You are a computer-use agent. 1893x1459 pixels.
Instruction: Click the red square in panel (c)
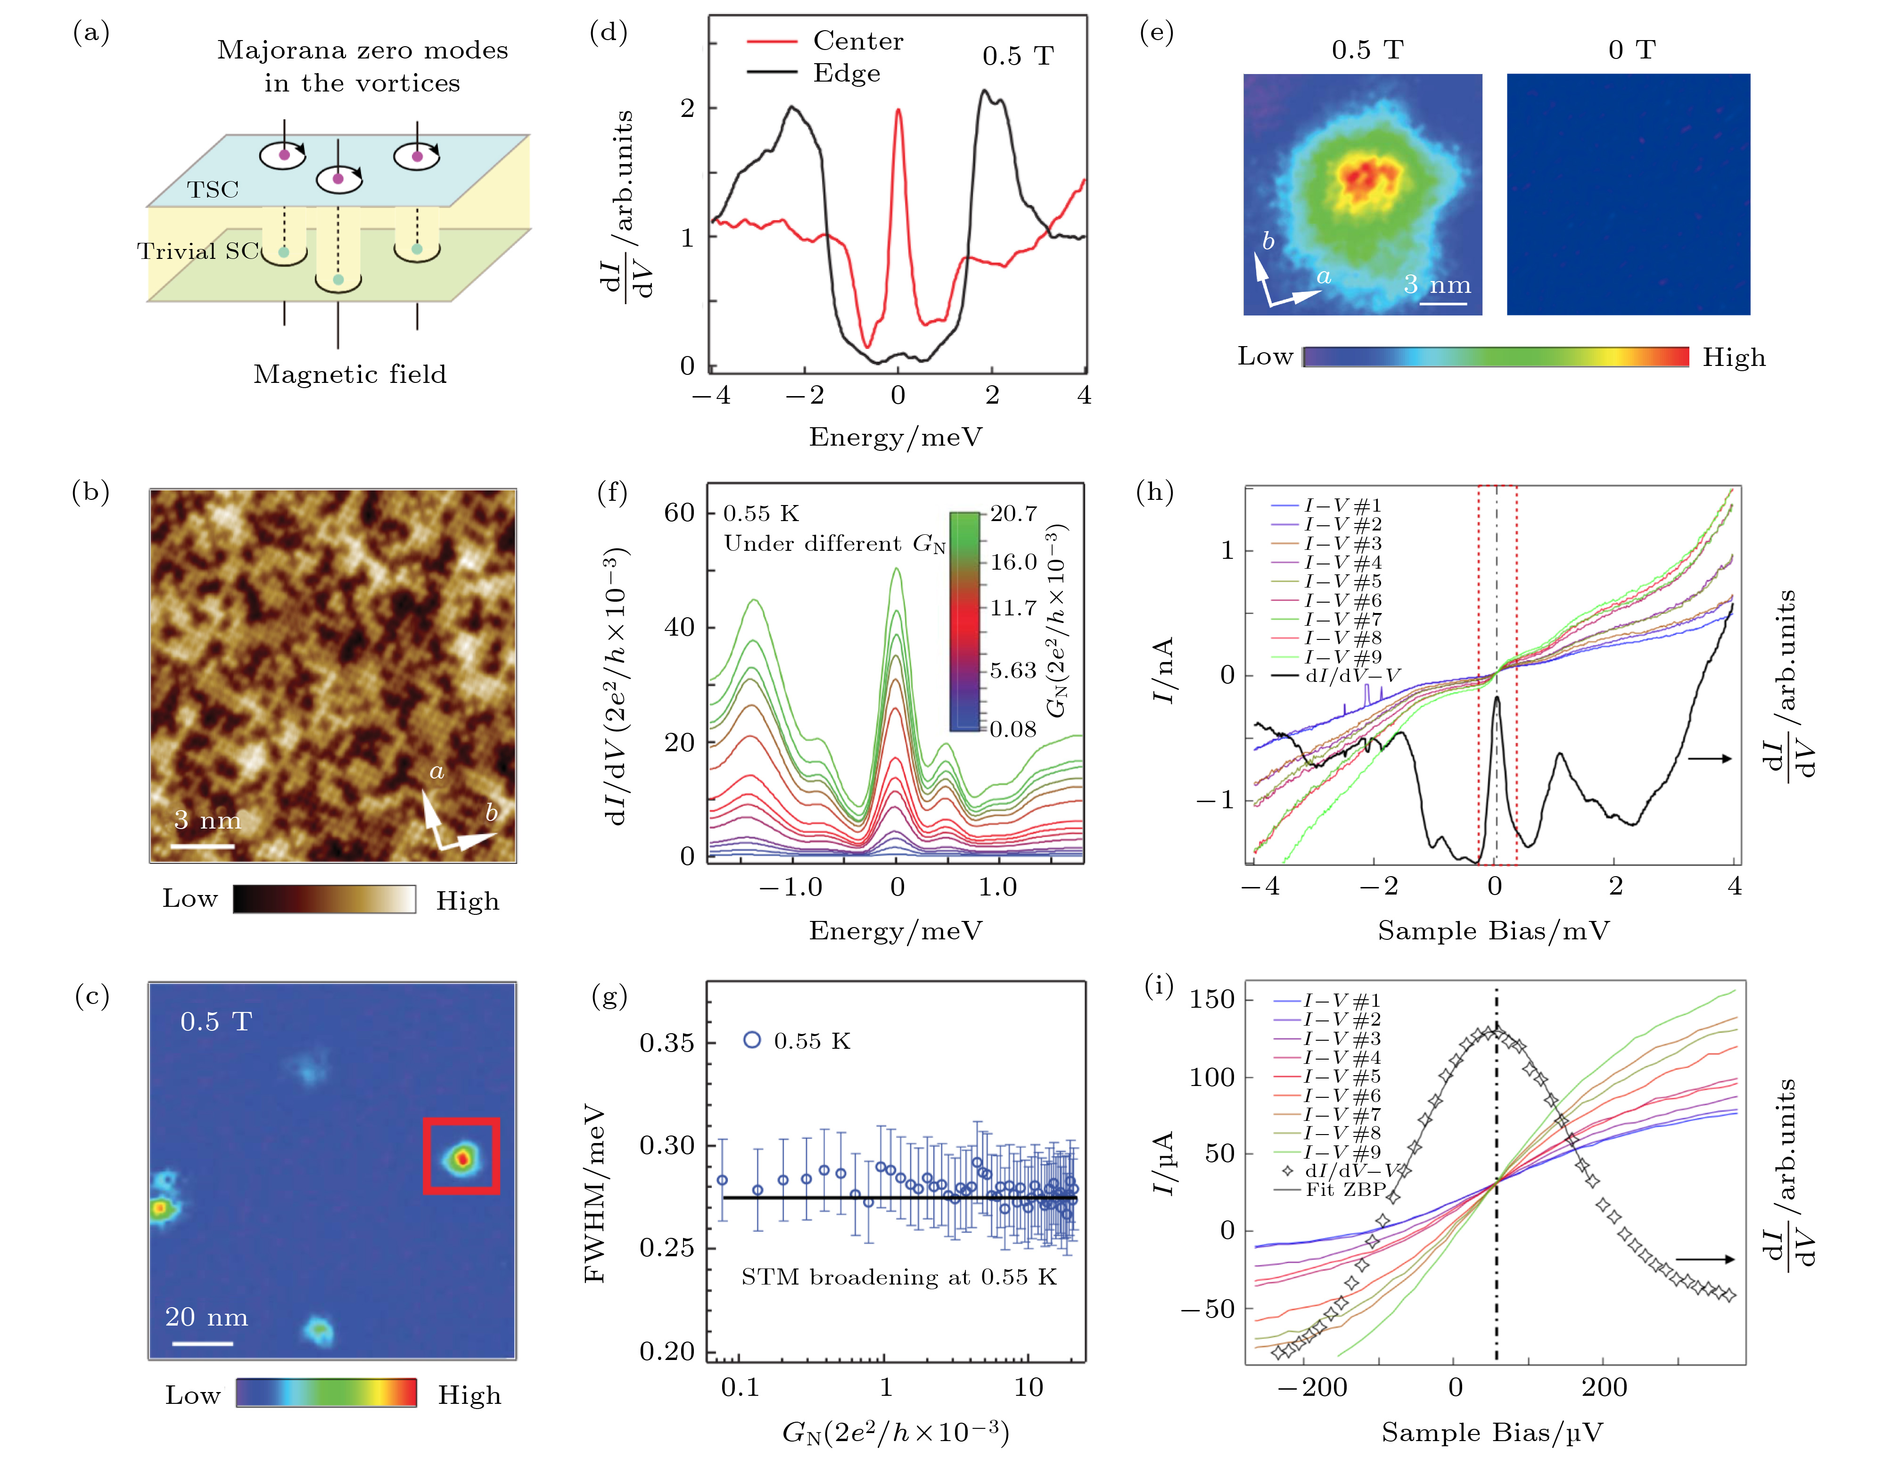[461, 1156]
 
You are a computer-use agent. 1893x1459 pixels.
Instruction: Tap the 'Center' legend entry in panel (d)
[857, 41]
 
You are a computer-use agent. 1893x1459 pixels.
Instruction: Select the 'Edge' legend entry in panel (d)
[846, 74]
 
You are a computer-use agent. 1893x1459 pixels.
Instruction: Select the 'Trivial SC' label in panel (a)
[198, 251]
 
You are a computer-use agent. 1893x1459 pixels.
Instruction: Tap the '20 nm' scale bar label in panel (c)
[206, 1317]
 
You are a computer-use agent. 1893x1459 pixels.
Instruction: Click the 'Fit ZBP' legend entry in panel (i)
[1345, 1189]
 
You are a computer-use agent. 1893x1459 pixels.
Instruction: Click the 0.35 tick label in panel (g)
[667, 1043]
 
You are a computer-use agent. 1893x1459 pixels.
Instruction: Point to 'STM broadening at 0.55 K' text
[898, 1277]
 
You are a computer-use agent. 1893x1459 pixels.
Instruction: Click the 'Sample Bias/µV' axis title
[1492, 1432]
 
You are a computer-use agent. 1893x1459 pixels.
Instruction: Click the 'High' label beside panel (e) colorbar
[1734, 357]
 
